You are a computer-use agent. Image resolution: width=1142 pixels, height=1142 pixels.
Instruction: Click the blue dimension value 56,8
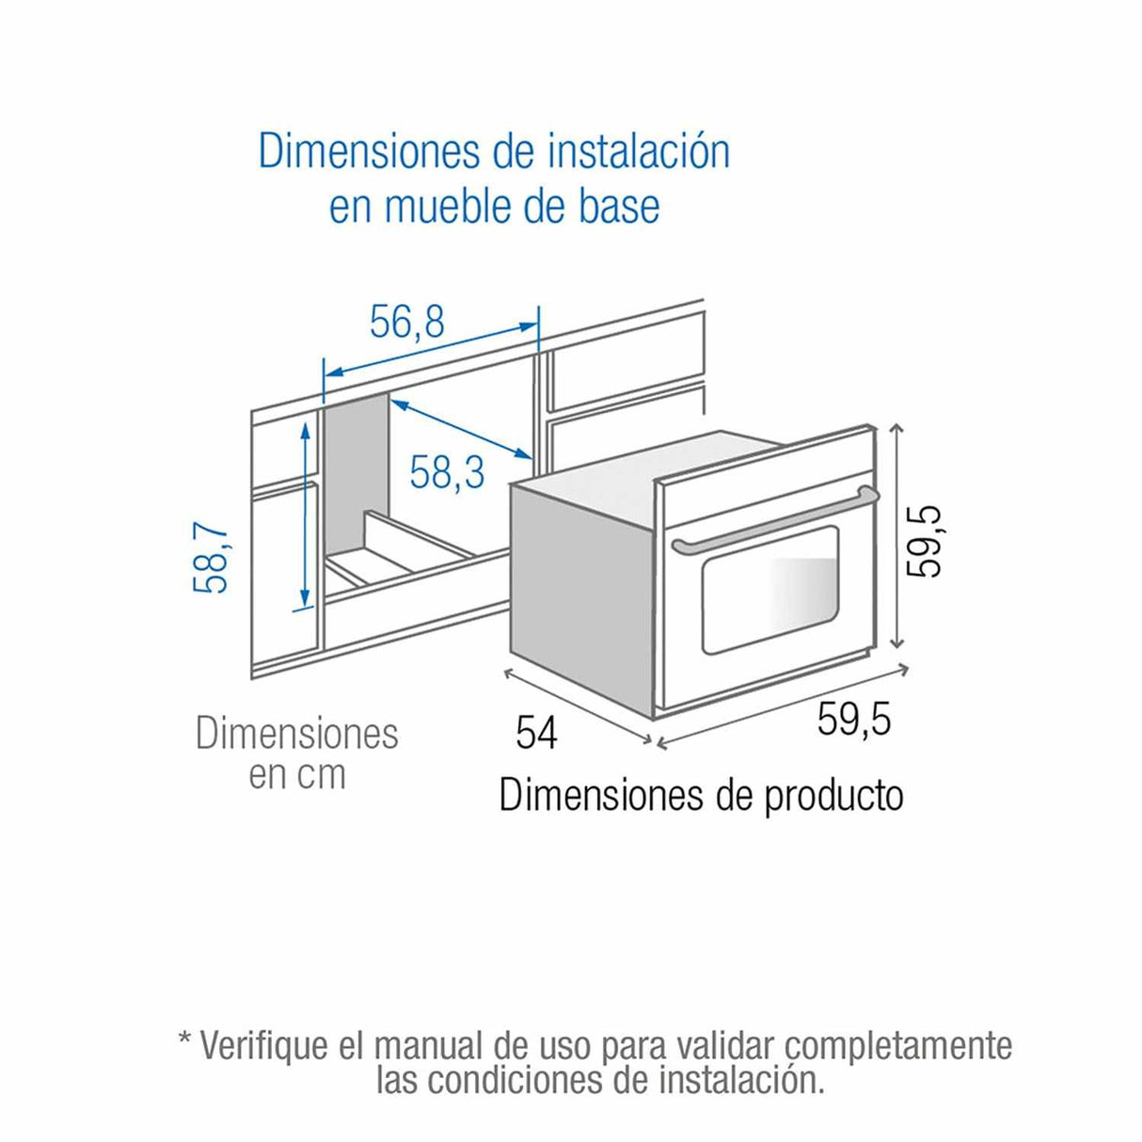406,323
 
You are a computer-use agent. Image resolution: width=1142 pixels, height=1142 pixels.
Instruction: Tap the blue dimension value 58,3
447,470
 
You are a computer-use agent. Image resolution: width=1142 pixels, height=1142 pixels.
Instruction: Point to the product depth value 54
536,732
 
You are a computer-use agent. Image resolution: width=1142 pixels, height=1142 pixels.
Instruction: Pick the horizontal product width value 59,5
853,720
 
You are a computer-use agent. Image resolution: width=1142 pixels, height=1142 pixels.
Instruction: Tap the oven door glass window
769,591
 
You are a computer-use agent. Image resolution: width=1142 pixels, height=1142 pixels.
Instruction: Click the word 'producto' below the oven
833,796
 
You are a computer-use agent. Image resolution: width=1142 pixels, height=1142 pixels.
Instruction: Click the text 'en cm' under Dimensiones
297,774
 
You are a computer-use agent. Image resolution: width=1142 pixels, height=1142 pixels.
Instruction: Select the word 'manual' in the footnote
427,1046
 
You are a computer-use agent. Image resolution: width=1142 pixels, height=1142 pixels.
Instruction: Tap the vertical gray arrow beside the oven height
897,536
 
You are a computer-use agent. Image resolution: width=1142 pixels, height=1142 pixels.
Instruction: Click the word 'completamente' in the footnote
898,1046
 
